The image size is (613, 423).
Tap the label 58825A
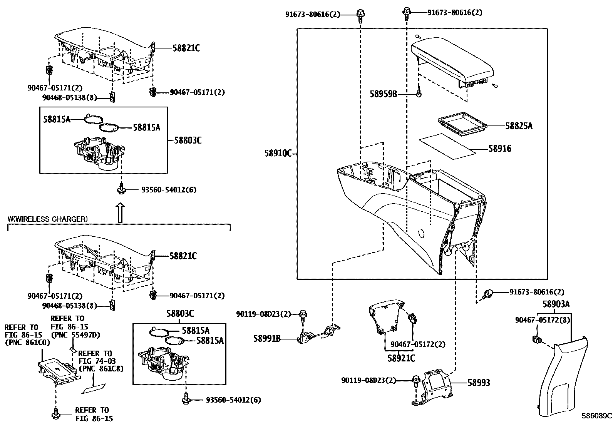(x=519, y=126)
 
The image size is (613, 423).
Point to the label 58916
(x=500, y=149)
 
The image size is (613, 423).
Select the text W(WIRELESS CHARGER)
(x=47, y=219)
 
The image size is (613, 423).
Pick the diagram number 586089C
(x=596, y=416)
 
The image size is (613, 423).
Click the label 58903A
(x=556, y=304)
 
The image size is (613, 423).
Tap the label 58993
(x=479, y=383)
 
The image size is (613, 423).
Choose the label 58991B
(x=267, y=339)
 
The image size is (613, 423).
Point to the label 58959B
(x=383, y=94)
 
